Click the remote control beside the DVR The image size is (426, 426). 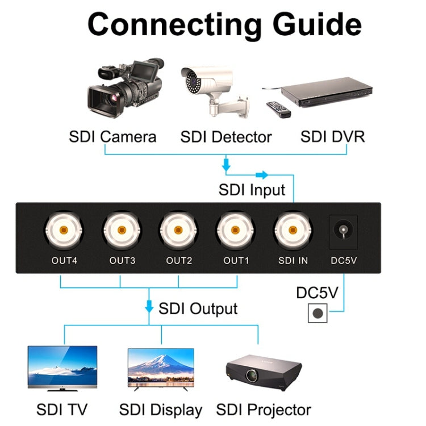[x=278, y=108]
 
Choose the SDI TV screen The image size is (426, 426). [x=62, y=366]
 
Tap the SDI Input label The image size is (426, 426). [x=252, y=189]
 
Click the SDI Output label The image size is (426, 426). [x=198, y=308]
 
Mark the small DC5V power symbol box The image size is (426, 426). [x=318, y=313]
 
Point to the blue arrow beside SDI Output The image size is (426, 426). [x=149, y=307]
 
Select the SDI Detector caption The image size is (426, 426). [x=226, y=137]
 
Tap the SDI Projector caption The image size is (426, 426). [x=264, y=410]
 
